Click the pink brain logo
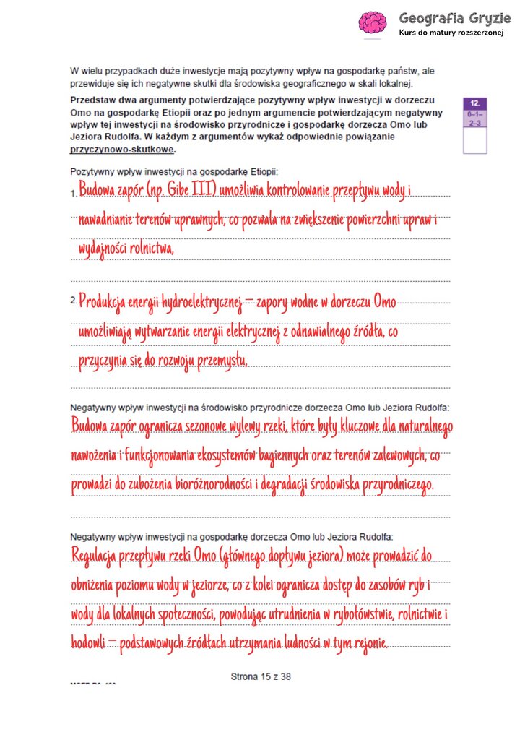374,25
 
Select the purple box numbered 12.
475,103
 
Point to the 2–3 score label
475,124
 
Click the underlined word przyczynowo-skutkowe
123,150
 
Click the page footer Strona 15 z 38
260,677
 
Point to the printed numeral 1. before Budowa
73,194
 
